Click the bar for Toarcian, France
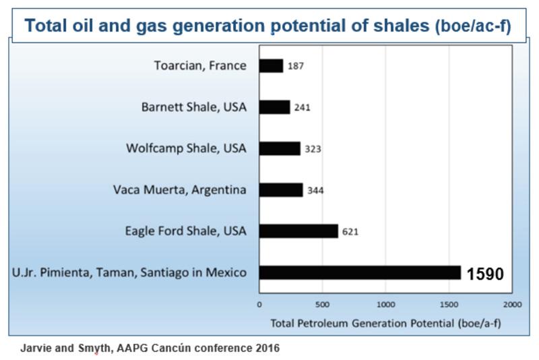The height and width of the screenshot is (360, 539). tap(271, 65)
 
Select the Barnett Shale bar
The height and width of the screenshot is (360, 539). tap(274, 107)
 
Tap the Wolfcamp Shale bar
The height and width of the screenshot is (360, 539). tap(280, 148)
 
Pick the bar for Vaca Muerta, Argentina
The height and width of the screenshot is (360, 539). tap(281, 190)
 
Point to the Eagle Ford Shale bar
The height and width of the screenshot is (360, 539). tap(298, 231)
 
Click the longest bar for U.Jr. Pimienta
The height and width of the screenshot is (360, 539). tap(360, 273)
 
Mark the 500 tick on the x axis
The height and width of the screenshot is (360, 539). tap(322, 304)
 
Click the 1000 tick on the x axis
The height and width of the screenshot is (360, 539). tap(385, 304)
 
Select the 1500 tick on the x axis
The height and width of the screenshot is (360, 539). tap(448, 304)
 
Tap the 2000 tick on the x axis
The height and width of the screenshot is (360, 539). tap(511, 304)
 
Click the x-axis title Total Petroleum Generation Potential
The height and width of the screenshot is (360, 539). tap(385, 322)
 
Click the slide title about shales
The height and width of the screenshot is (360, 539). tap(268, 25)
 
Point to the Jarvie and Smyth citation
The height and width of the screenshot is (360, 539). tap(149, 349)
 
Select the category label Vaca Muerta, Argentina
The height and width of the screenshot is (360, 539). tap(179, 190)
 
